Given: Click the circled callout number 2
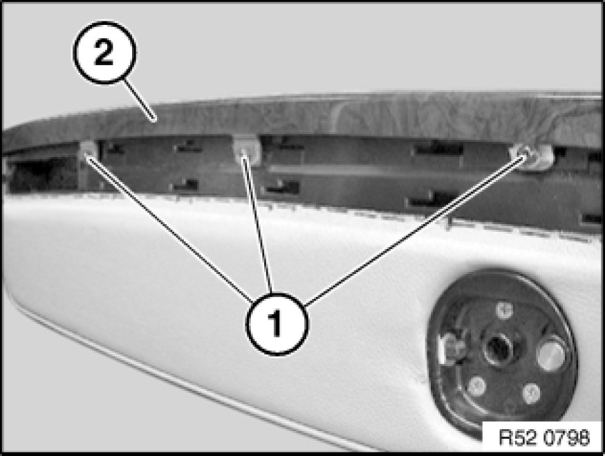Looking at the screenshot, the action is pyautogui.click(x=104, y=53).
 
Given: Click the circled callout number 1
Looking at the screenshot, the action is pyautogui.click(x=277, y=324).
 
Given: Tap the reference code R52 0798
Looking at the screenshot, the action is pyautogui.click(x=544, y=437).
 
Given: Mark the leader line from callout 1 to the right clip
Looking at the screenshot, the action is pyautogui.click(x=415, y=230).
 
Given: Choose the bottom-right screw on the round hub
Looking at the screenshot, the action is pyautogui.click(x=531, y=394).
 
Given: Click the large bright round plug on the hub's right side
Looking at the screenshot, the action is pyautogui.click(x=552, y=354).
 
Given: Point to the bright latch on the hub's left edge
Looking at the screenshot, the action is pyautogui.click(x=453, y=349).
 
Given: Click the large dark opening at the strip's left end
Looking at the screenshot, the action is pyautogui.click(x=43, y=174).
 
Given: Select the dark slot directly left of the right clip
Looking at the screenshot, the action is pyautogui.click(x=438, y=148).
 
